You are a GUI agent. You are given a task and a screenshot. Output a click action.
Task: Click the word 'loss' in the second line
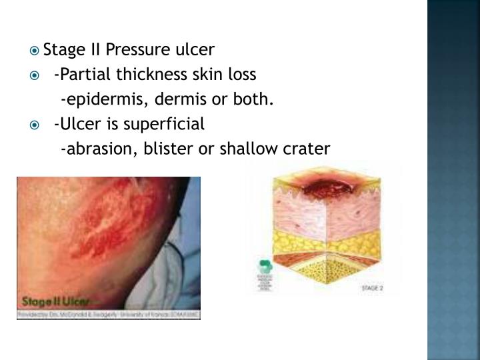point(240,75)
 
